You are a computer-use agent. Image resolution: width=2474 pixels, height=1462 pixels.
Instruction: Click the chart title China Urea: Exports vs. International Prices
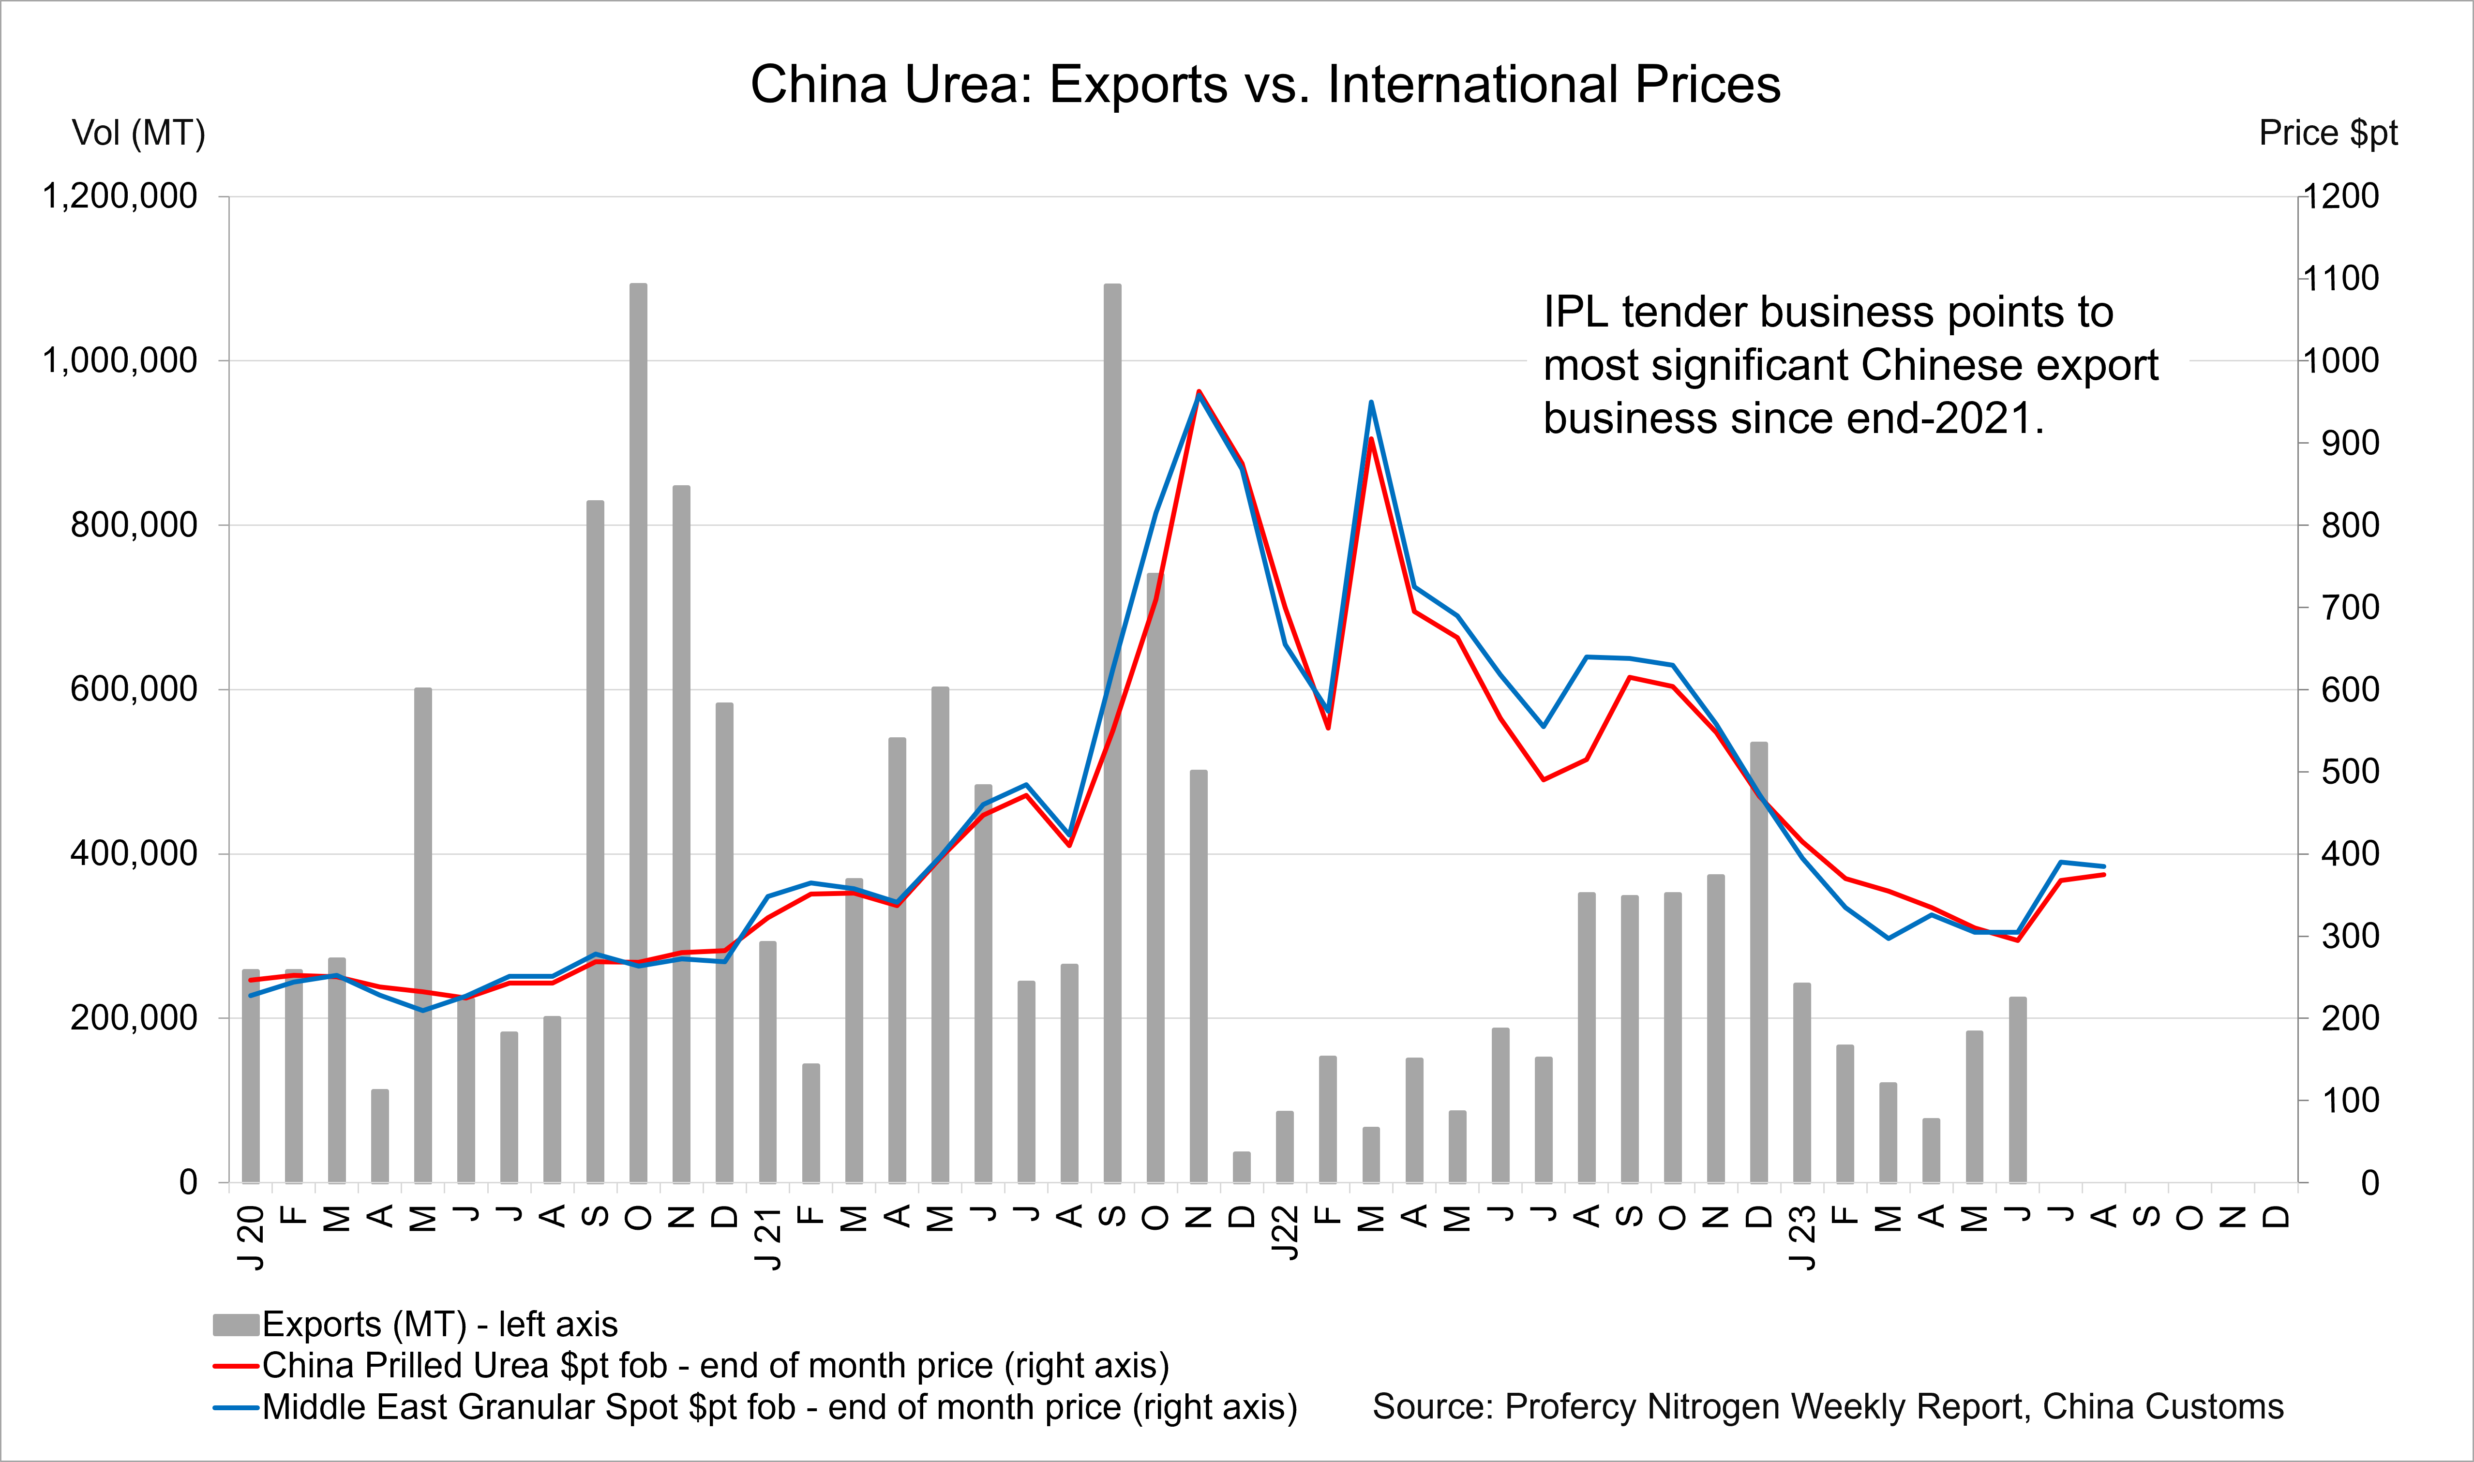[x=1265, y=85]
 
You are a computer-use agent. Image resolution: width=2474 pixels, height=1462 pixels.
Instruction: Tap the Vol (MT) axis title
[x=138, y=133]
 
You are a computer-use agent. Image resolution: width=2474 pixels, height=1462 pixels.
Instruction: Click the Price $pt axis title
[x=2327, y=133]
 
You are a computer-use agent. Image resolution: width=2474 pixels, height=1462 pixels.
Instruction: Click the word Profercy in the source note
[x=1569, y=1407]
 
